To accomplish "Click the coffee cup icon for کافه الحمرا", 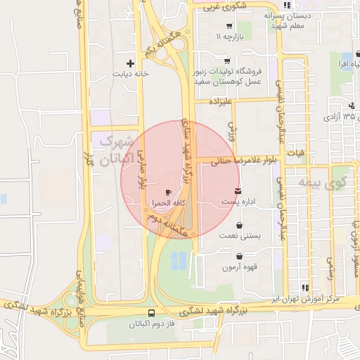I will click(167, 191).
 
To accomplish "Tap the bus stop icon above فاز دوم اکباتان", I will click(152, 314).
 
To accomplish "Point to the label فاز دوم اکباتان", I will click(151, 325).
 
